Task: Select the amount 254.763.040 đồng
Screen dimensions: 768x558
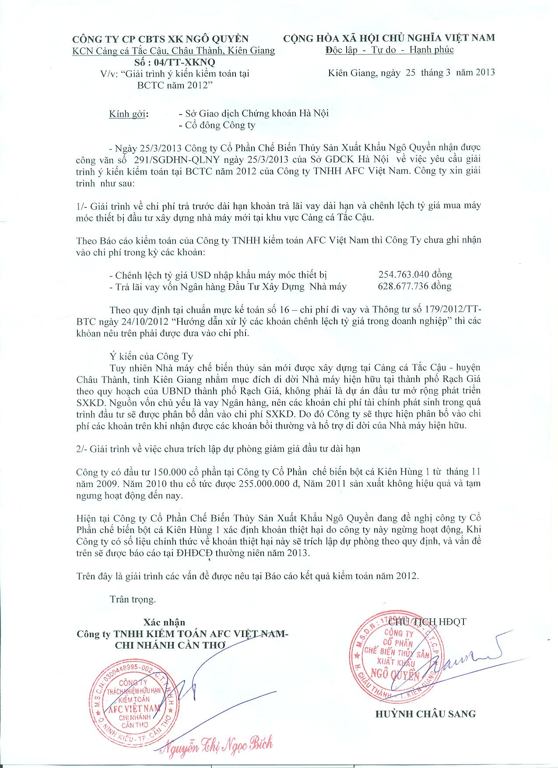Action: pyautogui.click(x=415, y=275)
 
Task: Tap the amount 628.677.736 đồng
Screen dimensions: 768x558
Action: pyautogui.click(x=414, y=287)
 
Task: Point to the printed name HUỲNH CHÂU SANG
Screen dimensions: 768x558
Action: pyautogui.click(x=425, y=714)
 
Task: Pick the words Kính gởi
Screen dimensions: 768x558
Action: pyautogui.click(x=129, y=114)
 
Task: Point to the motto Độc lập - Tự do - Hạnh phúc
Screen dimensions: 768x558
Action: pyautogui.click(x=389, y=49)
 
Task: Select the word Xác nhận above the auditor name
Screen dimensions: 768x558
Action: pyautogui.click(x=164, y=622)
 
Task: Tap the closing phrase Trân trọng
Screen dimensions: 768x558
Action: pyautogui.click(x=133, y=599)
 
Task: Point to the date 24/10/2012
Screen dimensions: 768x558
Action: pyautogui.click(x=144, y=322)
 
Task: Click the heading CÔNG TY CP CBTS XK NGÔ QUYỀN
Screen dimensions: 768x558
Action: pyautogui.click(x=160, y=39)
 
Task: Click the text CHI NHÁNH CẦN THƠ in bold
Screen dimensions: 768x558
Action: pyautogui.click(x=170, y=645)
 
